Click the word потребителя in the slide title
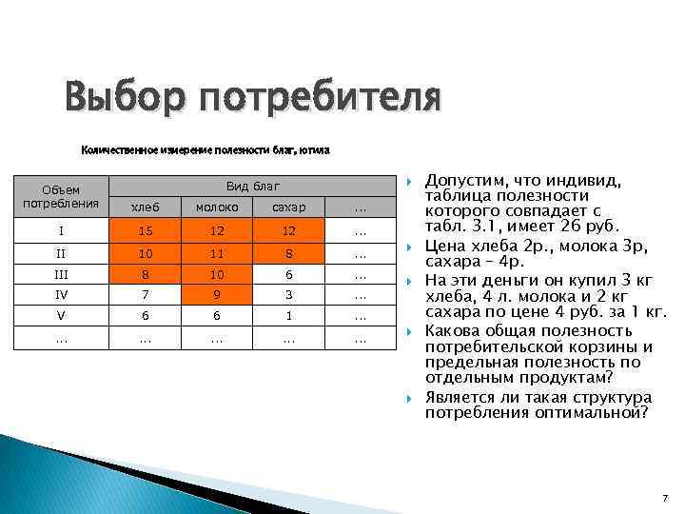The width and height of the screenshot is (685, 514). [x=320, y=98]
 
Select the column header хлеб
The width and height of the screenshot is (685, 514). [x=145, y=207]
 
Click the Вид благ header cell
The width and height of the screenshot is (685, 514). [x=252, y=184]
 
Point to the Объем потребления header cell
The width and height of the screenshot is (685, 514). [x=61, y=195]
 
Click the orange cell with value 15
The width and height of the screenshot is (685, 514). [x=145, y=229]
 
